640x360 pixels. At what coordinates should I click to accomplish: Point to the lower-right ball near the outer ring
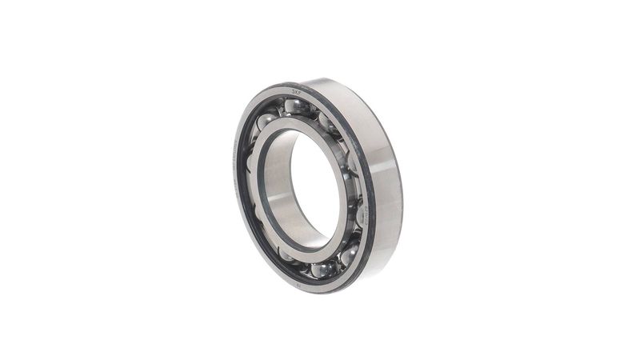(x=349, y=254)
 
